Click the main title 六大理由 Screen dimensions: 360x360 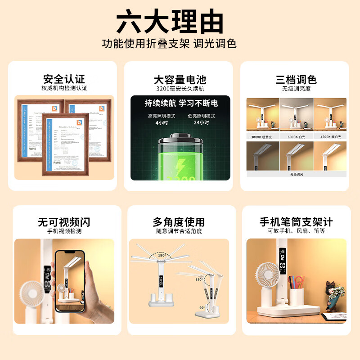(170, 22)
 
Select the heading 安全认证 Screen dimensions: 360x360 (64, 80)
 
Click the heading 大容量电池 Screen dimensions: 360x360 (180, 80)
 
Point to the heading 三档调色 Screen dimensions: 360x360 (296, 80)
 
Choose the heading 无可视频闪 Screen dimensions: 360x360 (64, 222)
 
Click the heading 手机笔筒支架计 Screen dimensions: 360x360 (296, 222)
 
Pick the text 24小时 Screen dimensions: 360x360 (200, 122)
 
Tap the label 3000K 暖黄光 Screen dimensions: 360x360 (263, 136)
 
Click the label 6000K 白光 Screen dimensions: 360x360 (297, 136)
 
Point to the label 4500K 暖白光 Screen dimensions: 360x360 (330, 136)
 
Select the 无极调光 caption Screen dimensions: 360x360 (297, 173)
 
